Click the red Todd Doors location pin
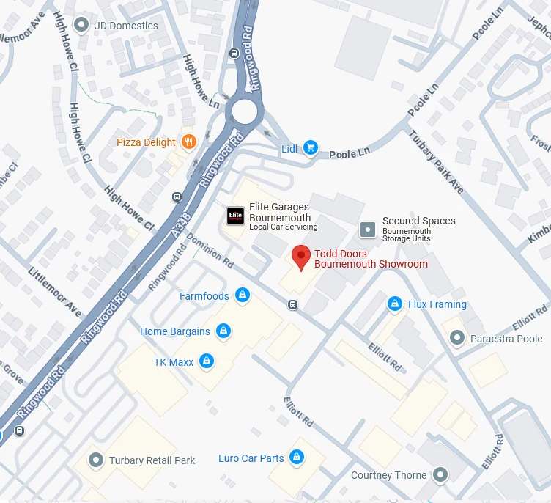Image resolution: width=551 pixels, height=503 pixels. point(300,257)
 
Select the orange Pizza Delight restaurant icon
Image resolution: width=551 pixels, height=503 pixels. point(189,142)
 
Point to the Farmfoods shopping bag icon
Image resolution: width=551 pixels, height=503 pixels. point(243,296)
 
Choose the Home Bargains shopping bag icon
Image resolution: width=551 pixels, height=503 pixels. point(223,331)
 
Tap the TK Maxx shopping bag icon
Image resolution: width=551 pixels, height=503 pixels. point(207,361)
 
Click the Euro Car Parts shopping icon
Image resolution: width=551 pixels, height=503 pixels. point(297,458)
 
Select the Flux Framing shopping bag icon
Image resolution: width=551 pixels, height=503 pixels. point(395,304)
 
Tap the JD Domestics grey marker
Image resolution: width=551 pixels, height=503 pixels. point(81,26)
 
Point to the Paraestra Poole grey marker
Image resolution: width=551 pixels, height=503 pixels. point(457,338)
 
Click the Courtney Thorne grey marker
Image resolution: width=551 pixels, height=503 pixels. point(440,475)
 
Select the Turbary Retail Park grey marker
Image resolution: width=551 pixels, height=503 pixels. point(95,460)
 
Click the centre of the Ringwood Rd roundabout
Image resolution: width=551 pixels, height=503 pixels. point(245,112)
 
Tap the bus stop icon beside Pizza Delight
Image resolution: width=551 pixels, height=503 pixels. point(177,197)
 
